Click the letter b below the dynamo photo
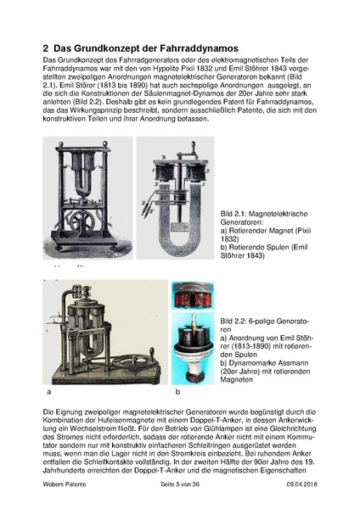pos(177,394)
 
